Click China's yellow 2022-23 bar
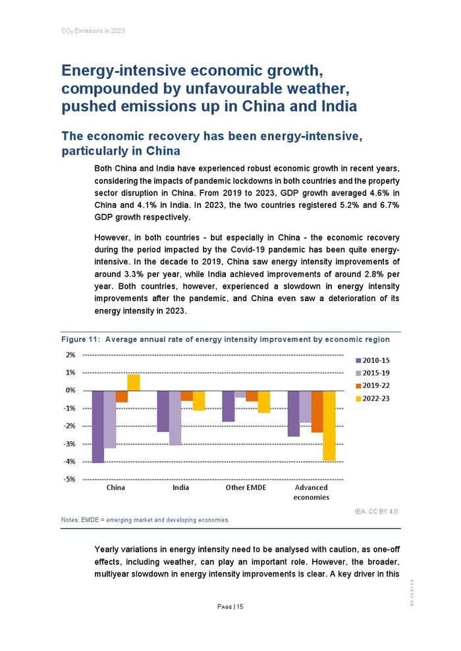pos(133,383)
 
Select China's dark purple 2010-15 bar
pos(98,427)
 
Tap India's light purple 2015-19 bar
pos(175,418)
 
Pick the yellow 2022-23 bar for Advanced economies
pos(329,425)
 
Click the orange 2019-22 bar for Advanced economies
pos(317,412)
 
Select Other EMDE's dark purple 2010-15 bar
pos(229,406)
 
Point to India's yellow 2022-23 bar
pos(199,400)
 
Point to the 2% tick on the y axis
pos(70,355)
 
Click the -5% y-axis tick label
pos(69,479)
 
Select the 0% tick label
pos(70,391)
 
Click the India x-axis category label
pos(180,488)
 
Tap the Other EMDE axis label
pos(246,488)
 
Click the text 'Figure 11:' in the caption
pos(80,340)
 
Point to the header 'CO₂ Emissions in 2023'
pos(90,31)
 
